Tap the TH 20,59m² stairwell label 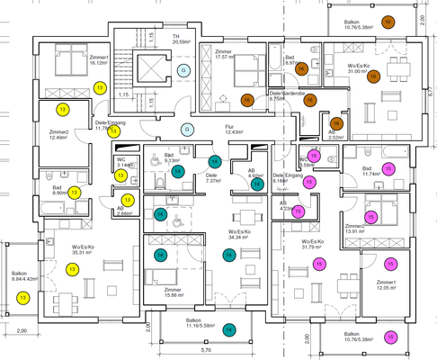click(181, 39)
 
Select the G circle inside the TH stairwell click(183, 69)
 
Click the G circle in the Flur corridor click(188, 129)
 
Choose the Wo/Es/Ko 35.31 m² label click(88, 249)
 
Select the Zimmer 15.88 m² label click(178, 292)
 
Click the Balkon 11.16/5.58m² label click(192, 321)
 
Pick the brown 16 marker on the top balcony click(388, 21)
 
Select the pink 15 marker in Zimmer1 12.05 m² click(390, 264)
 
